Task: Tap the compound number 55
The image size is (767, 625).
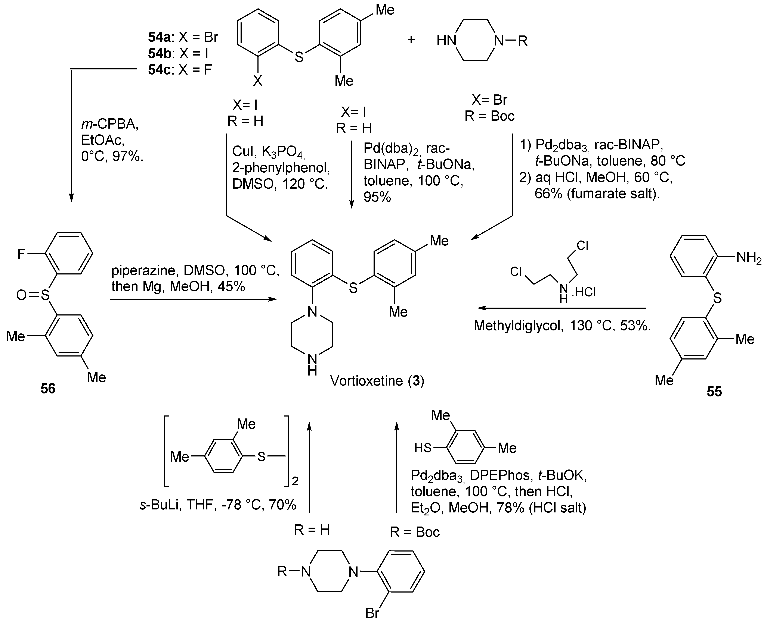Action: click(714, 391)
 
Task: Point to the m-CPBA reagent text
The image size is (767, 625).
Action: click(109, 124)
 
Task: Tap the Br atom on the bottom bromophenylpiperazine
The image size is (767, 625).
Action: click(372, 613)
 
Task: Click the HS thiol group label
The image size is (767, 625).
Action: click(423, 448)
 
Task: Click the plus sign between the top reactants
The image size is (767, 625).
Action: click(411, 39)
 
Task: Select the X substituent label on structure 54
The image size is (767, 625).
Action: click(257, 81)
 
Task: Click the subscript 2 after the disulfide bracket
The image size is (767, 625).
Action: click(295, 481)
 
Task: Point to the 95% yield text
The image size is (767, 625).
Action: click(377, 197)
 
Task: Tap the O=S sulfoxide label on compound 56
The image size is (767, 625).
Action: click(33, 295)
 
